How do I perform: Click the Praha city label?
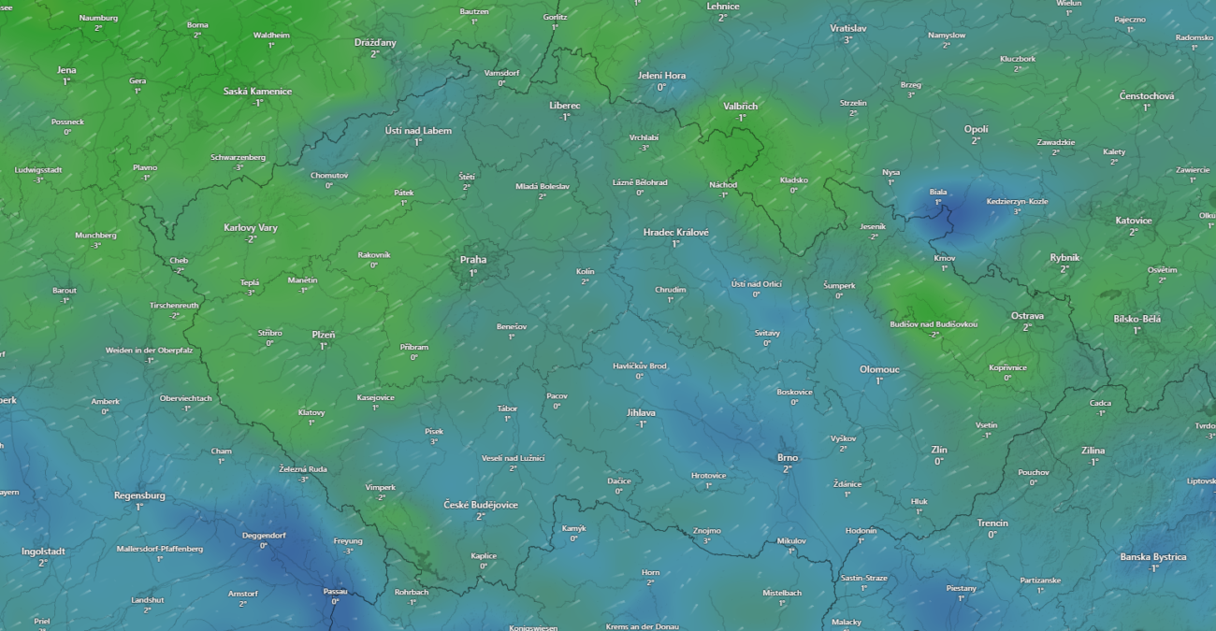tap(472, 260)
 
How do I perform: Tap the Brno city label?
tap(788, 457)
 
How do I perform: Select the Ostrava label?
tap(1027, 316)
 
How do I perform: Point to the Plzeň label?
tap(324, 335)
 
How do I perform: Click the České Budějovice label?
tap(481, 505)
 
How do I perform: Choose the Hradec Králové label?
tap(675, 232)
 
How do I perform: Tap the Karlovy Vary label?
tap(251, 228)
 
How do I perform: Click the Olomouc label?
tap(879, 369)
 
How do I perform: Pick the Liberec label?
tap(564, 106)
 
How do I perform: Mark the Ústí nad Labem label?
tap(418, 131)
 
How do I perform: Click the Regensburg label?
tap(139, 495)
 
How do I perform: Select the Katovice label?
tap(1134, 221)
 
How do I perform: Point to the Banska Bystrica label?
tap(1153, 557)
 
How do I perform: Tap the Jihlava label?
tap(641, 412)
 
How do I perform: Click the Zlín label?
tap(939, 450)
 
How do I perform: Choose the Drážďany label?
tap(375, 43)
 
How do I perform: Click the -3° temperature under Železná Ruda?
tap(303, 480)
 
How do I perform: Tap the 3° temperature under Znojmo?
tap(707, 540)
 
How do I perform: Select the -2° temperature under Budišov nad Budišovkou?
tap(934, 335)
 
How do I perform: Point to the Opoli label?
tap(976, 129)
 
